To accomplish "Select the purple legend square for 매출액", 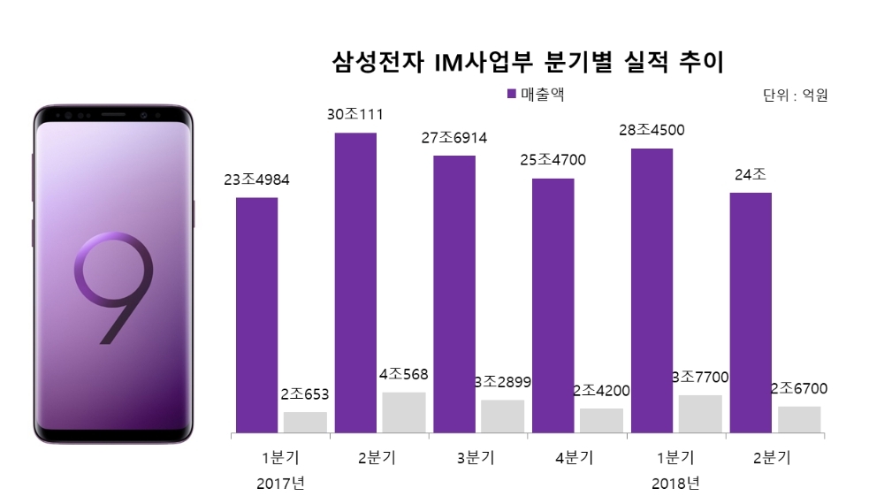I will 512,94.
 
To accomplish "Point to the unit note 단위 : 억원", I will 795,95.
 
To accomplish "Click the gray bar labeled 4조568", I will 404,413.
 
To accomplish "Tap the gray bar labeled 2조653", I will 305,423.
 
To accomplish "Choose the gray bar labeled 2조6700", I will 800,420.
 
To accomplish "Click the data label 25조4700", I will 552,160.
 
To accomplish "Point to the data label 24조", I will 750,174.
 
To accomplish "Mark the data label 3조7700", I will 700,378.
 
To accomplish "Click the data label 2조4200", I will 601,390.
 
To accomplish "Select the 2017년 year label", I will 279,484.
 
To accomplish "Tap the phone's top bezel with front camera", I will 113,115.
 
